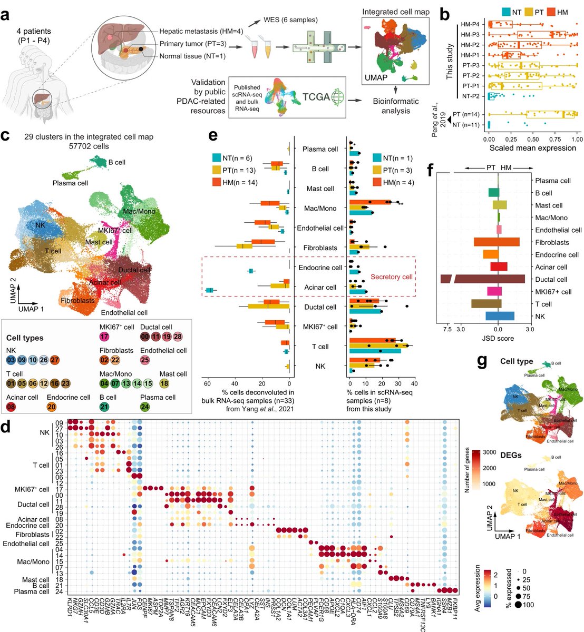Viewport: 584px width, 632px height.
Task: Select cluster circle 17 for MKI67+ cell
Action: pos(104,337)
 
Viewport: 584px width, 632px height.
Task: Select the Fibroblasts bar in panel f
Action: pos(497,242)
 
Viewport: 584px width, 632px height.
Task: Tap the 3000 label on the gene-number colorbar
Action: pos(489,452)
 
